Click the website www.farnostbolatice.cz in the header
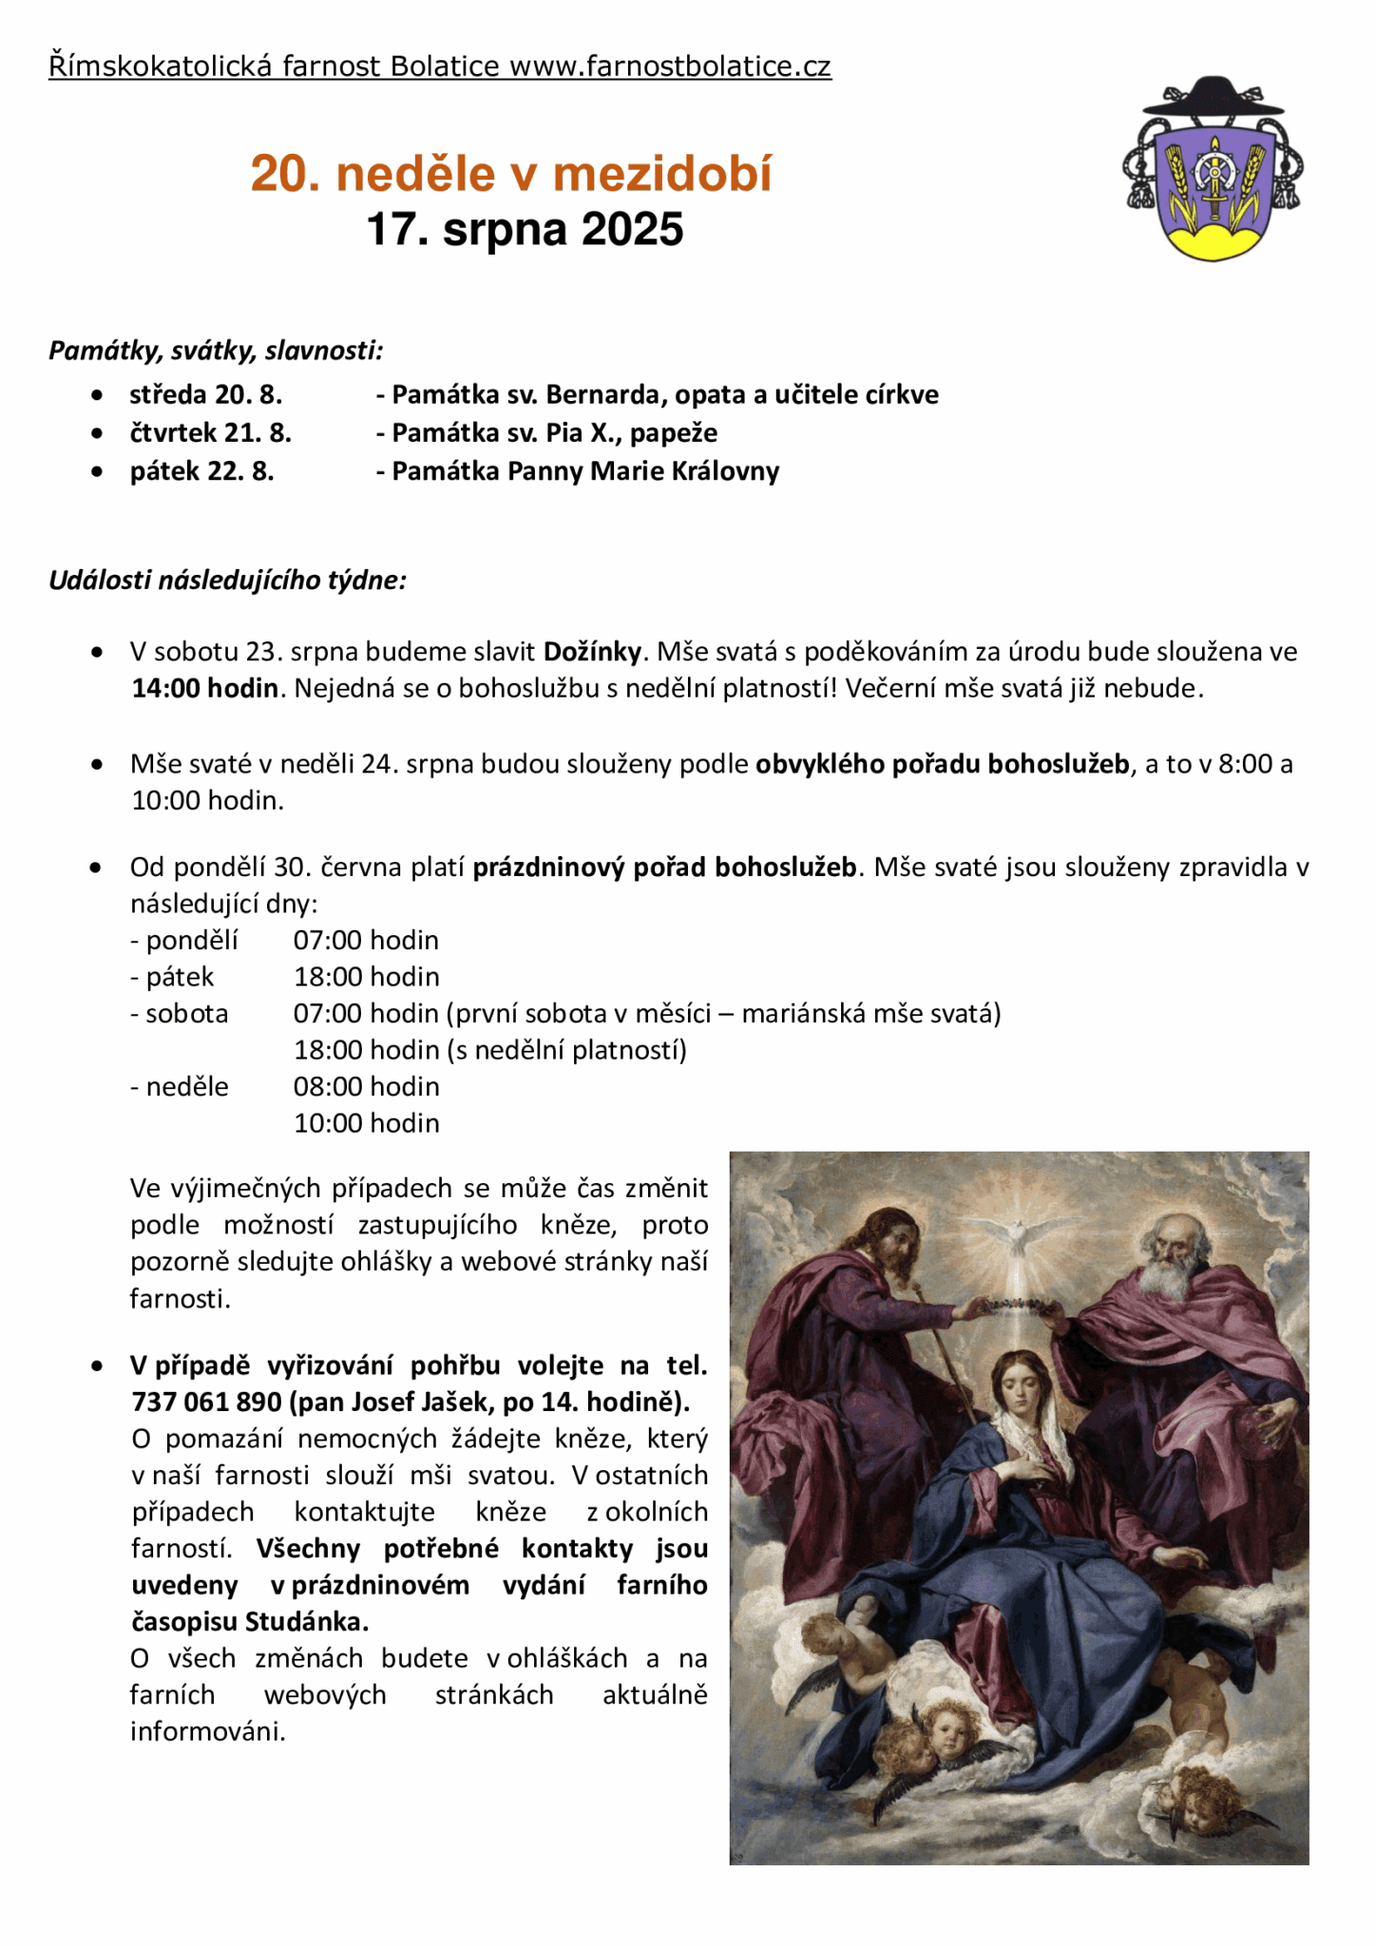(670, 67)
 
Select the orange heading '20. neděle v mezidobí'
(511, 174)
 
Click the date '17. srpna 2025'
(525, 230)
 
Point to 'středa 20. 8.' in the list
(205, 394)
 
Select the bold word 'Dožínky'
(593, 652)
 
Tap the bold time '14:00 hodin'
(204, 688)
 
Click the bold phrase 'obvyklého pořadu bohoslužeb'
(942, 764)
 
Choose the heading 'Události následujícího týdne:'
(228, 581)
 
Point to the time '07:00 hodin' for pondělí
(366, 941)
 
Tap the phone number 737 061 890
(206, 1402)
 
